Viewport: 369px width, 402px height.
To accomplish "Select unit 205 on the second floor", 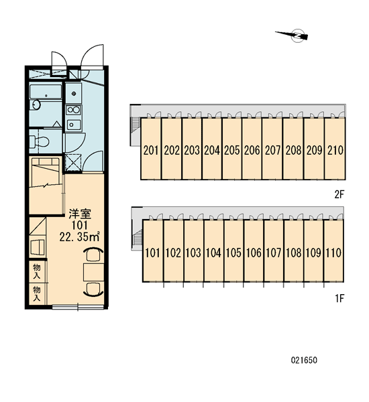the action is (232, 149).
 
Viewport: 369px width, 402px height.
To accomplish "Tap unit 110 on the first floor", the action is (333, 251).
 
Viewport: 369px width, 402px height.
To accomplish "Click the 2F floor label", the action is (339, 195).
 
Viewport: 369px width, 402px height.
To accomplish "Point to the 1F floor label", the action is (339, 298).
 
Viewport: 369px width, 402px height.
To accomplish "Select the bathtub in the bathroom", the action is (46, 92).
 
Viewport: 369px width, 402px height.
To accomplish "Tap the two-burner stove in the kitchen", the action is (74, 110).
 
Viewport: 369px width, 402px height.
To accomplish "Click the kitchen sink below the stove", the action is (74, 125).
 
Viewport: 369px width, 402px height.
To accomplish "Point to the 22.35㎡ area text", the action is (80, 237).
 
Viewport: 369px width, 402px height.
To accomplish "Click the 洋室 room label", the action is (80, 214).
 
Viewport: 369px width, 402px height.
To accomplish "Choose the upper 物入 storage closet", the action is (37, 272).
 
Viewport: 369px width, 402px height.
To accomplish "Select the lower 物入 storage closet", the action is (37, 294).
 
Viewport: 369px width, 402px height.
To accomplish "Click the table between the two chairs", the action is (93, 272).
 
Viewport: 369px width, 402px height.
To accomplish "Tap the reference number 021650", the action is (304, 360).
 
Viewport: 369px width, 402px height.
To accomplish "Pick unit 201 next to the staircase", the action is (151, 149).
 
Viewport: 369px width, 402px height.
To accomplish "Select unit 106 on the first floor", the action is (254, 251).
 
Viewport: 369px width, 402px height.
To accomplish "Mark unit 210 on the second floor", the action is (335, 149).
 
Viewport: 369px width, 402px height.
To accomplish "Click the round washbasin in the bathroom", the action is (36, 105).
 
